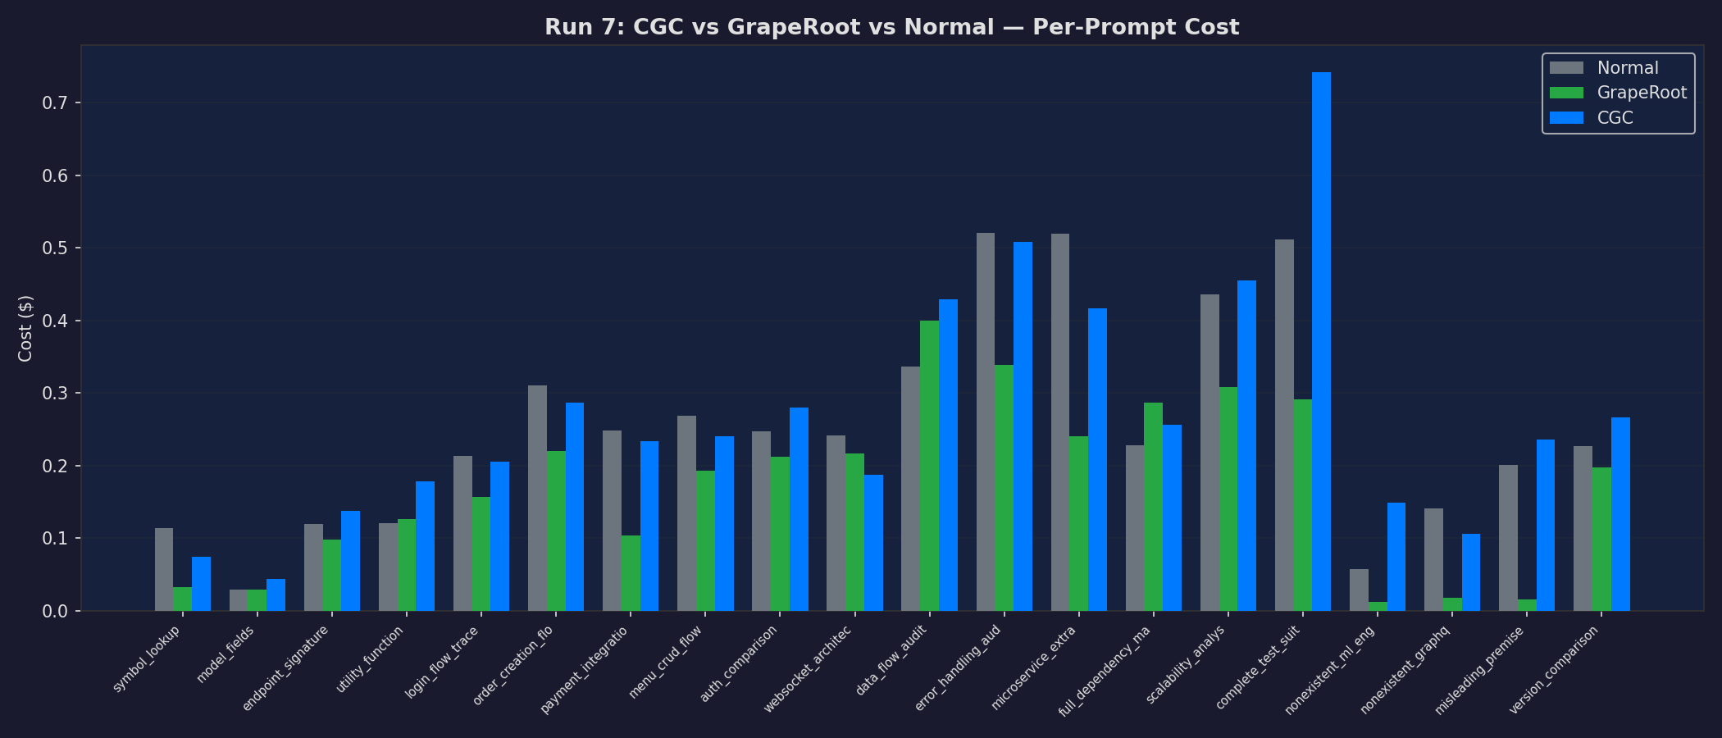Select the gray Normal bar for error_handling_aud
pos(985,421)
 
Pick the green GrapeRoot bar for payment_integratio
pos(631,573)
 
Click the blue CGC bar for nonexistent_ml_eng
pos(1396,557)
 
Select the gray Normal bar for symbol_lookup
pos(164,569)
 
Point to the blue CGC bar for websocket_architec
pos(873,543)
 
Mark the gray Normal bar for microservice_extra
pos(1059,422)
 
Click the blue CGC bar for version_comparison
pos(1620,514)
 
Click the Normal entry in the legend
pos(1627,68)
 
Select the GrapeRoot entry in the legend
pos(1641,93)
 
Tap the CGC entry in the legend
pos(1615,118)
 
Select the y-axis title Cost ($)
pos(25,328)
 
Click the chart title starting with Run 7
pos(891,27)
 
